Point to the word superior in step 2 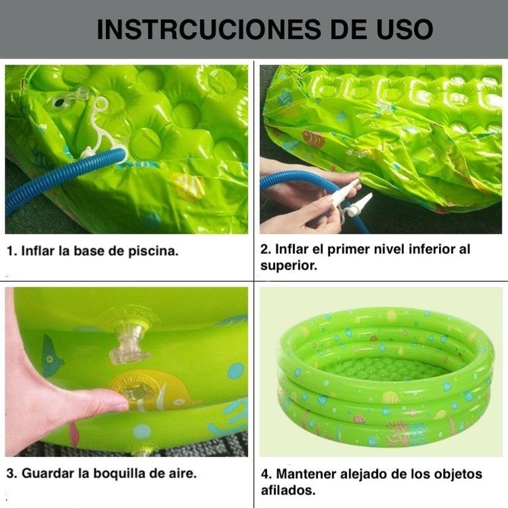(288, 266)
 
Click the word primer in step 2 (347, 249)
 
